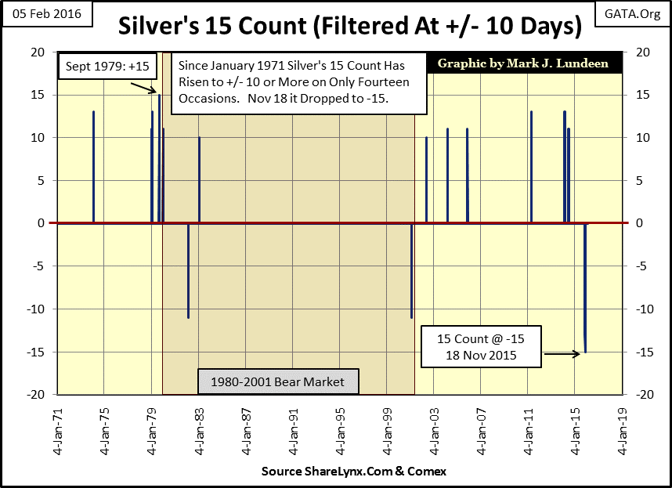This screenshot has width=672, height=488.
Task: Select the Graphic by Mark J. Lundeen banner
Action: click(x=524, y=63)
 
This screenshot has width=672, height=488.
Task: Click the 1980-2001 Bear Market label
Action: click(x=277, y=382)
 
